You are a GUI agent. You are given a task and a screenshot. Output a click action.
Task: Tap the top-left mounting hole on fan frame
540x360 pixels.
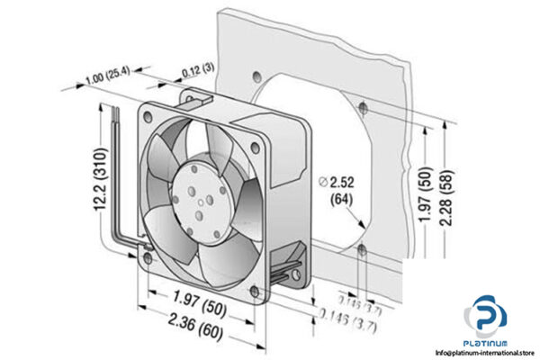[x=149, y=114]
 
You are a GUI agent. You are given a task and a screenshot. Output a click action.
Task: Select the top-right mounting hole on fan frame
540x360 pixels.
[x=256, y=135]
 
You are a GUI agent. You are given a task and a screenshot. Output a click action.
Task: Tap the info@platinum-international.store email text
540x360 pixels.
[x=477, y=354]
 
